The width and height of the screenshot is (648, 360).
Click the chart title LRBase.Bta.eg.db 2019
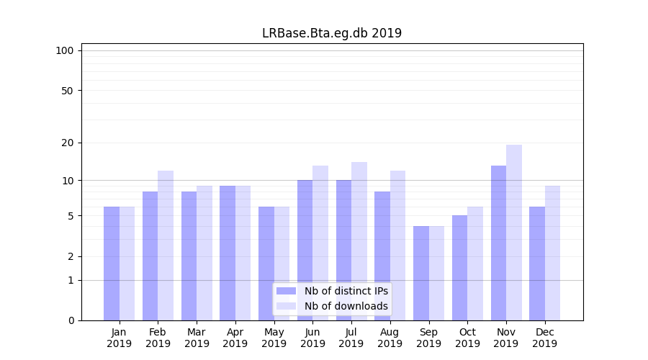coord(331,33)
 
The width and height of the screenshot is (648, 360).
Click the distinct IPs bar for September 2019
coord(421,273)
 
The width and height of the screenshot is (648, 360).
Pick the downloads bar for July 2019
coord(359,241)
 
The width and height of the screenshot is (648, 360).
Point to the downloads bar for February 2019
coord(166,246)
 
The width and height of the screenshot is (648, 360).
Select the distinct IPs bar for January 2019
coord(112,264)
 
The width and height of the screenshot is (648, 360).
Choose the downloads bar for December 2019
coord(552,253)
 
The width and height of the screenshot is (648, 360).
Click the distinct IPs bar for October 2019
coord(460,268)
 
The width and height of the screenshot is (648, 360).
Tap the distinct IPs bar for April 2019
coord(228,253)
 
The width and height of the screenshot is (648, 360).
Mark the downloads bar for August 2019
coord(398,246)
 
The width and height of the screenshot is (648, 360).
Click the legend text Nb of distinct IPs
coord(346,291)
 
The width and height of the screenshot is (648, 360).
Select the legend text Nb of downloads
coord(346,306)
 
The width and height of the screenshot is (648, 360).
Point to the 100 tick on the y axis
coord(65,50)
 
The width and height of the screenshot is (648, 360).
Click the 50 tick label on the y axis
coord(67,91)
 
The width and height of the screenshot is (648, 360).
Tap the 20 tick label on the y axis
coord(67,143)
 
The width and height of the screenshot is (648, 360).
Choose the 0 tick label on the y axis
coord(71,320)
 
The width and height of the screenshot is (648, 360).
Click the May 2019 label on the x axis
coord(274,338)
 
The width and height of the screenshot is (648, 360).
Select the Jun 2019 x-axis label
coord(312,338)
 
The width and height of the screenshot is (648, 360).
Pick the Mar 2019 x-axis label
coord(197,338)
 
